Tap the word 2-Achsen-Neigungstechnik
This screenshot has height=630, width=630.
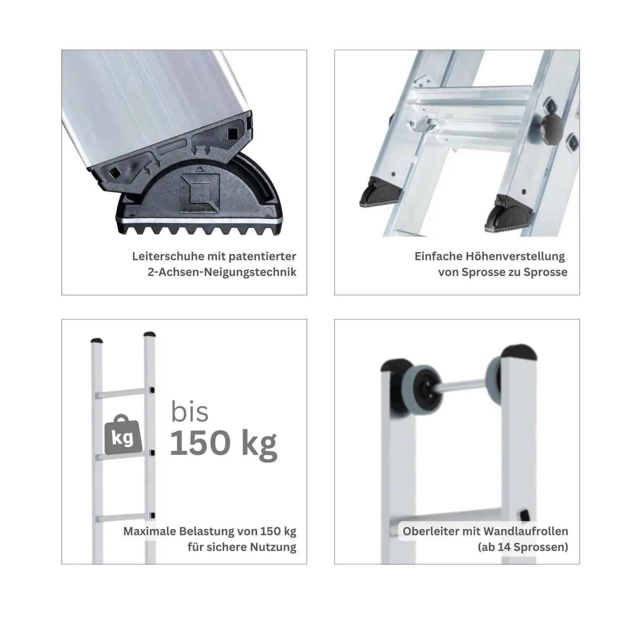[x=222, y=272]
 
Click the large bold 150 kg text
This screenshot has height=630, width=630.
[x=223, y=444]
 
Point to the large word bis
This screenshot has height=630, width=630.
[x=189, y=412]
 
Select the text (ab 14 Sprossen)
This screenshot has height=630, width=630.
[x=523, y=547]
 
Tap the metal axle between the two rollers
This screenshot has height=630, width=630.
[x=462, y=386]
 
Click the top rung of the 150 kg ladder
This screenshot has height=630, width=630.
[x=121, y=394]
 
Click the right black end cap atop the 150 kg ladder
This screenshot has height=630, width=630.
[x=150, y=335]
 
